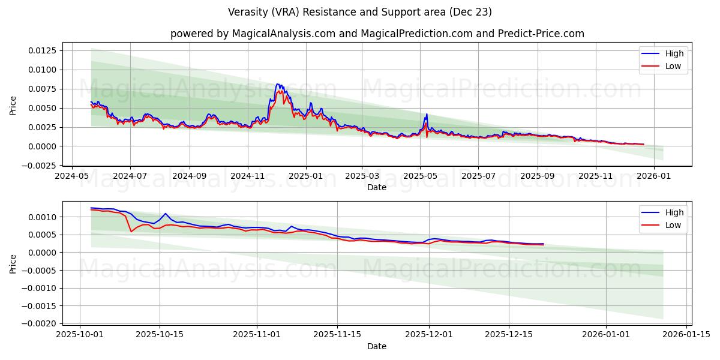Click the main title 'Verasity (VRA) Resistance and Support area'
[360, 12]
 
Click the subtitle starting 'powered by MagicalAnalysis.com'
[377, 34]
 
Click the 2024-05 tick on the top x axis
[73, 176]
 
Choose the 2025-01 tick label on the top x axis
[306, 176]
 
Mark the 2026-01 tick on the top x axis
[653, 176]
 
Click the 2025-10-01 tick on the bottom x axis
[80, 335]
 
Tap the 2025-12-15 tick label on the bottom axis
[509, 335]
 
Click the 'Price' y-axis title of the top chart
[13, 106]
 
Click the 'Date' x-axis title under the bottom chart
[377, 346]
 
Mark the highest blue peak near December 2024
[277, 84]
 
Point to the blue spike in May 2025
[427, 114]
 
